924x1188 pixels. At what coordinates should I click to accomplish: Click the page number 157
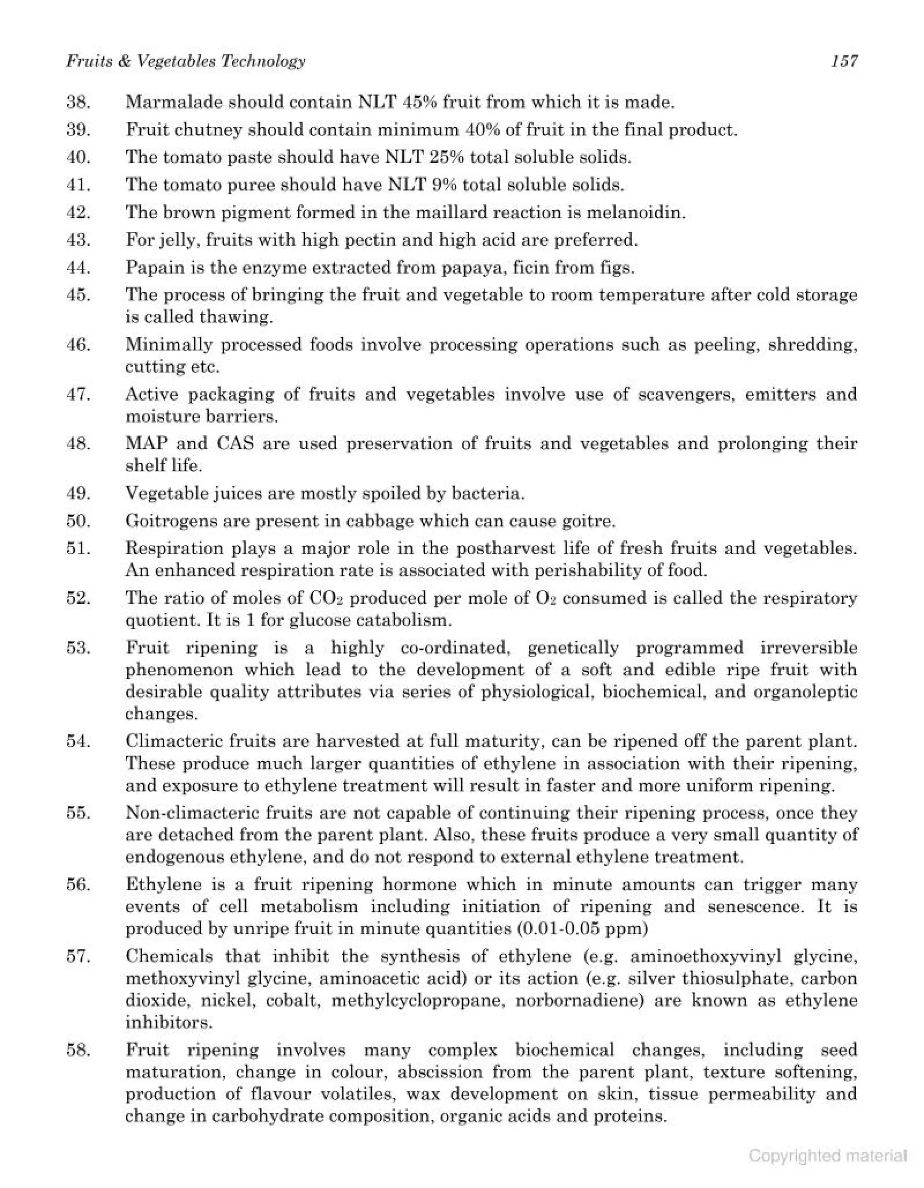pos(844,61)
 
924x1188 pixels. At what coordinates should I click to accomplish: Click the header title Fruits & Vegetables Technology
pos(185,61)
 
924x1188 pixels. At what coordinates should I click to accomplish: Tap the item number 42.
pos(79,212)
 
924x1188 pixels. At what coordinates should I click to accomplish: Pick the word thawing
pos(236,317)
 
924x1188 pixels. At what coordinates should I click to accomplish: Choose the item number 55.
pos(79,813)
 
